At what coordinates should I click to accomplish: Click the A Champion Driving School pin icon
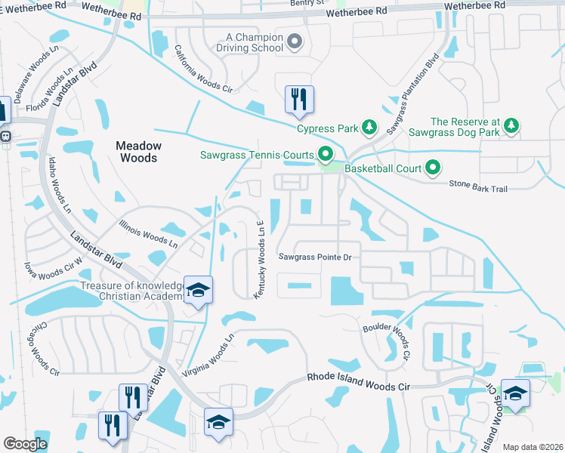(295, 42)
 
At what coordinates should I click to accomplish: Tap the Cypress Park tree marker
(369, 128)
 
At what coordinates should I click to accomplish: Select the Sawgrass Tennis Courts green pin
(326, 156)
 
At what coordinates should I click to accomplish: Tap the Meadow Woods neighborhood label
(137, 152)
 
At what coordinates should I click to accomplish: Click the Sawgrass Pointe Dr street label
(316, 257)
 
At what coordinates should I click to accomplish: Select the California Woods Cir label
(202, 68)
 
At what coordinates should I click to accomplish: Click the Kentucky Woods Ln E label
(258, 260)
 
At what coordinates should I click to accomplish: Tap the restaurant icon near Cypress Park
(299, 99)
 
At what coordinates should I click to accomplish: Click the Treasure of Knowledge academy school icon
(198, 290)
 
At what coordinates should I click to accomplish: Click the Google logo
(25, 444)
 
